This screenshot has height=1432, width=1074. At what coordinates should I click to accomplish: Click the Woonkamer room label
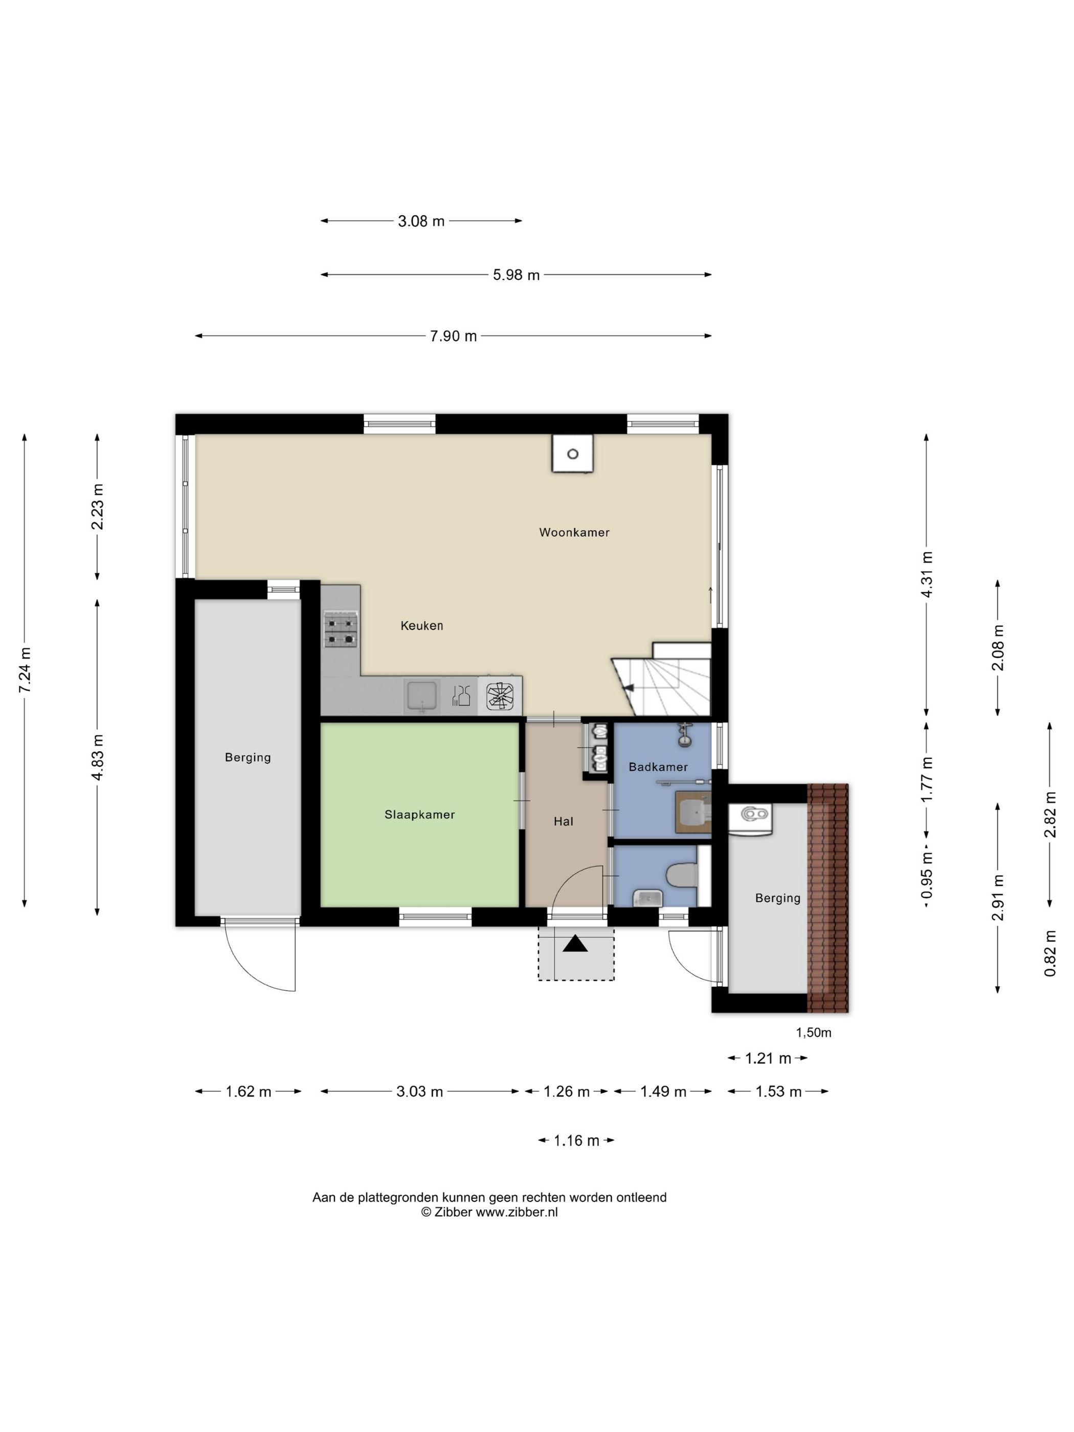(x=574, y=532)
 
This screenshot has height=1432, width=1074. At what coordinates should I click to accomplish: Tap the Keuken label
(x=421, y=625)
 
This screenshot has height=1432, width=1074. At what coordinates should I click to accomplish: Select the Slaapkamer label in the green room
(x=419, y=814)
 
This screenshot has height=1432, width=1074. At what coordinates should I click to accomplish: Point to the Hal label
(x=563, y=821)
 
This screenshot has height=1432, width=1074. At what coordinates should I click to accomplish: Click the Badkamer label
(x=658, y=767)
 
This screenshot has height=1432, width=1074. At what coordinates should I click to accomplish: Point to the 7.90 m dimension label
(x=453, y=336)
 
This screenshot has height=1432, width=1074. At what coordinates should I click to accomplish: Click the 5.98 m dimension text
(x=516, y=275)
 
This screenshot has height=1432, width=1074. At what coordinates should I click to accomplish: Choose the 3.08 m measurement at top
(x=421, y=221)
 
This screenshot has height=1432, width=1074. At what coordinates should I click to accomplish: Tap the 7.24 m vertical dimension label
(x=25, y=670)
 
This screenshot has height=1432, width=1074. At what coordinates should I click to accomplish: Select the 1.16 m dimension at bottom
(x=576, y=1140)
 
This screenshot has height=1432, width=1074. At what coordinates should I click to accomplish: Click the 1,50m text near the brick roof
(x=813, y=1033)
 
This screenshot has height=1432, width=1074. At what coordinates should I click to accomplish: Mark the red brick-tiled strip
(x=827, y=898)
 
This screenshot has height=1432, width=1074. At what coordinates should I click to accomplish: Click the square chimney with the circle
(x=572, y=453)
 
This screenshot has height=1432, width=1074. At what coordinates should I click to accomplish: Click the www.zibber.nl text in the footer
(x=517, y=1212)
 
